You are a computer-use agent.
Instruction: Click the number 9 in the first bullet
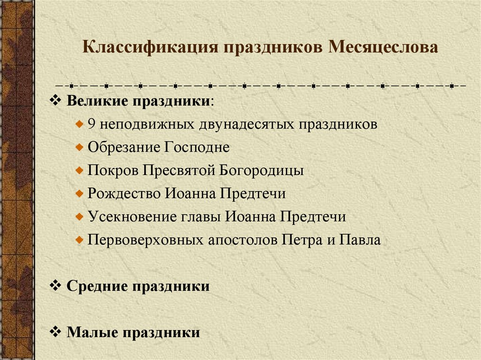92,124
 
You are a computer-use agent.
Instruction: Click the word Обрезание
124,147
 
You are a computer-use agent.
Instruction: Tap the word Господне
197,147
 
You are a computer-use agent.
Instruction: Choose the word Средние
97,286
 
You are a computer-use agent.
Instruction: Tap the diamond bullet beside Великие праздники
55,101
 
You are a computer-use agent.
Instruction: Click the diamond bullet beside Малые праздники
55,332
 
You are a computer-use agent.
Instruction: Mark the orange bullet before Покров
80,170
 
